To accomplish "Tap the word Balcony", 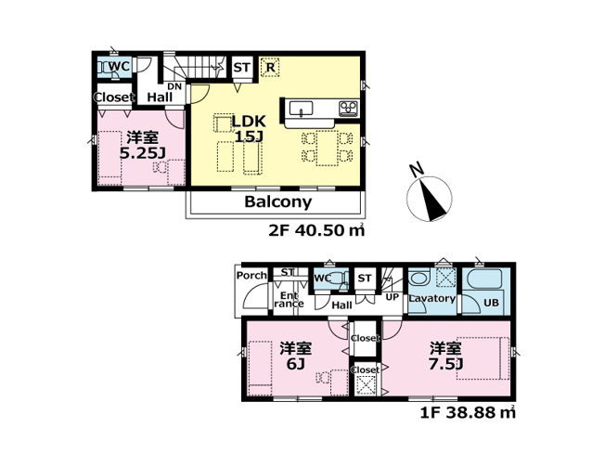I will pyautogui.click(x=277, y=201).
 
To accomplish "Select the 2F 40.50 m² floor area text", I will pyautogui.click(x=314, y=231).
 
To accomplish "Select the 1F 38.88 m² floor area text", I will pyautogui.click(x=469, y=409).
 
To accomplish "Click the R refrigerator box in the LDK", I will pyautogui.click(x=270, y=67).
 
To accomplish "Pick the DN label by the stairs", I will pyautogui.click(x=174, y=85).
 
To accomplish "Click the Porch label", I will pyautogui.click(x=251, y=276).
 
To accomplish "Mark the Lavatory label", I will pyautogui.click(x=431, y=299).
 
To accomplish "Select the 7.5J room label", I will pyautogui.click(x=445, y=356).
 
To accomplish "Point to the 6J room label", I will pyautogui.click(x=295, y=356).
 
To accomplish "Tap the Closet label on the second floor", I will pyautogui.click(x=113, y=97).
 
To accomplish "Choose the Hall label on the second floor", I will pyautogui.click(x=159, y=97).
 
